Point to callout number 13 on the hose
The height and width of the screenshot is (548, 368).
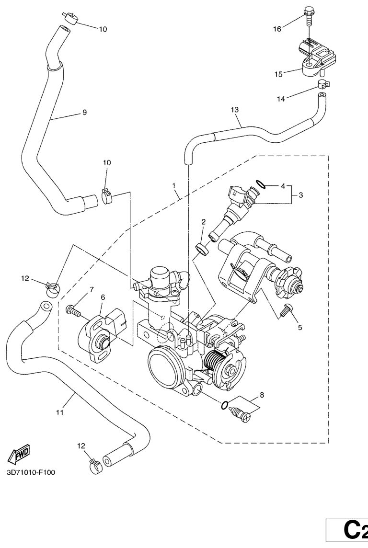235,110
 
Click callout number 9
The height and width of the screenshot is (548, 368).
84,113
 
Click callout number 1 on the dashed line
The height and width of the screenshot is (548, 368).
173,184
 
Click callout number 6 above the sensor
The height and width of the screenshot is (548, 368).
103,297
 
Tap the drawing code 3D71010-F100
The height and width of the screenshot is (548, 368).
31,473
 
